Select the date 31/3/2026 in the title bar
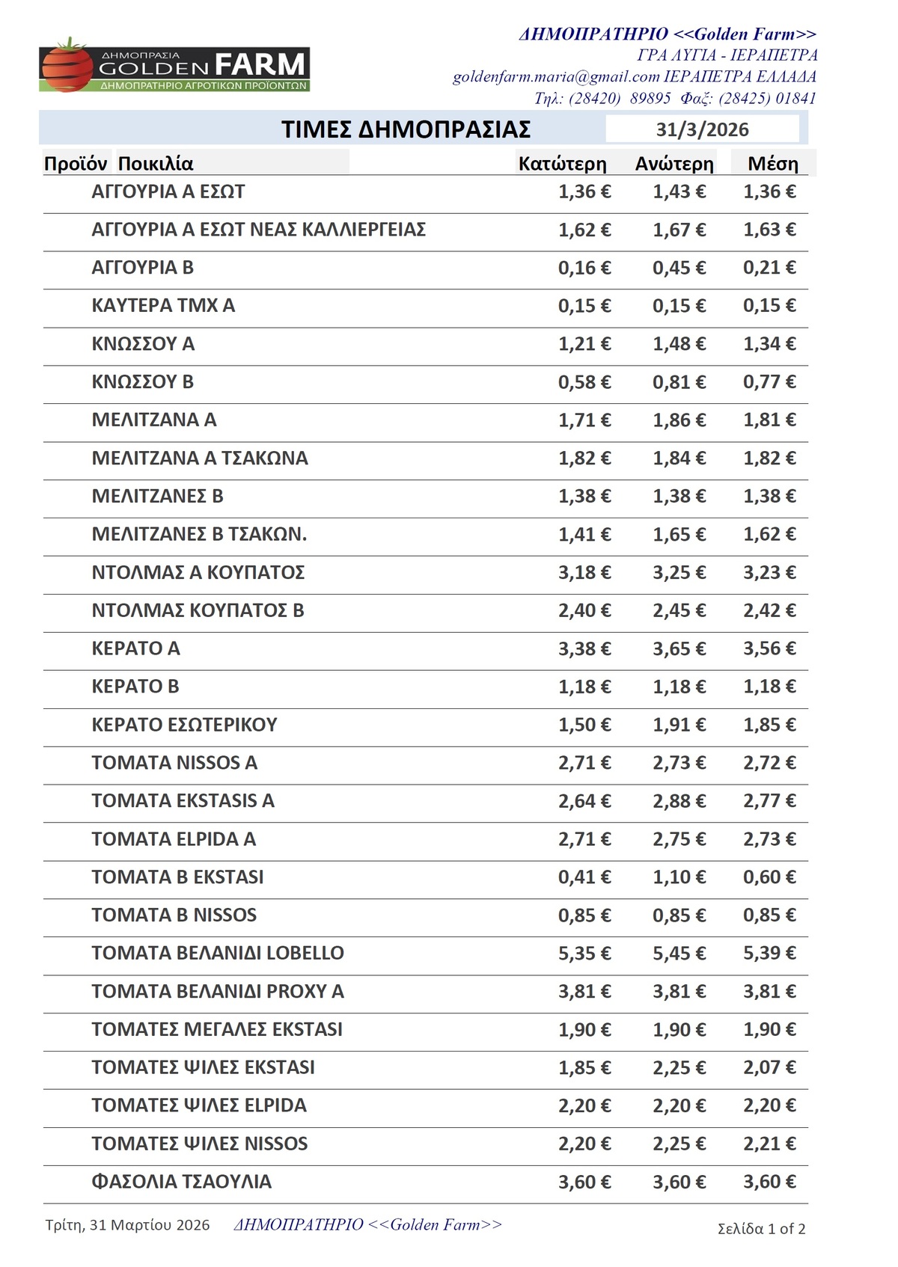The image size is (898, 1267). coord(702,129)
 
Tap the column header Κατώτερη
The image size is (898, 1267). coord(562,164)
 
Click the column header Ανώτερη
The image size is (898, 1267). coord(674,164)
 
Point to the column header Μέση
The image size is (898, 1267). coord(772,164)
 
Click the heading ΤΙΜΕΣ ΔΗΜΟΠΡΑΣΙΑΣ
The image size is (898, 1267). coord(406,129)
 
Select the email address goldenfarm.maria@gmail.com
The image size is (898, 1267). coord(556,76)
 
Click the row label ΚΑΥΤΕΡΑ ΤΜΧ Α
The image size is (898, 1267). coord(163,305)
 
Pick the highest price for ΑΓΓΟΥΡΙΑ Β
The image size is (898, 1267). coord(679,268)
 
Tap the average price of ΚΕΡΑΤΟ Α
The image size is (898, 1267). coord(769,648)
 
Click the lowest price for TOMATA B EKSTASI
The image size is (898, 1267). coord(584,877)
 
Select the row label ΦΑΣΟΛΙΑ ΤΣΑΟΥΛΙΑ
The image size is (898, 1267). coord(181,1182)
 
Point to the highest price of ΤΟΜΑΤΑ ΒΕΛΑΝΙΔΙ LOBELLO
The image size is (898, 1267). coord(679,953)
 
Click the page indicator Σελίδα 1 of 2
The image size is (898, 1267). coord(761,1228)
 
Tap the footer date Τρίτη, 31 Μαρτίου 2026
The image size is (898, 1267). coord(127,1225)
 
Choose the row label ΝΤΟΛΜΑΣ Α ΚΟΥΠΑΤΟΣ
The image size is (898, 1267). coord(198,572)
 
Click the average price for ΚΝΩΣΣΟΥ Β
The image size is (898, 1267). coord(769,381)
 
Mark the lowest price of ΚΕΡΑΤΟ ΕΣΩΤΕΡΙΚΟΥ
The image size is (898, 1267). coord(584,725)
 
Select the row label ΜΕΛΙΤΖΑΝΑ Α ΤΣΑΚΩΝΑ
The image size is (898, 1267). coord(199,458)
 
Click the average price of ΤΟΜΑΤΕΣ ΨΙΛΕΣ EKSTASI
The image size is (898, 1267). coord(769,1067)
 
